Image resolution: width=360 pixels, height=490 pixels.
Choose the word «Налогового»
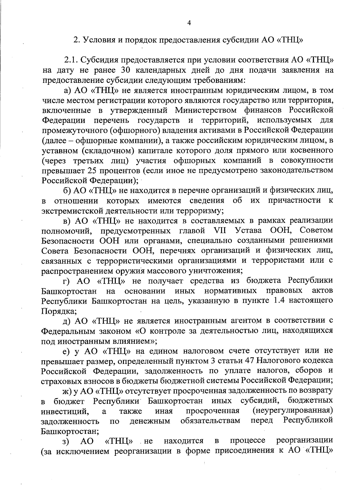[280, 361]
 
